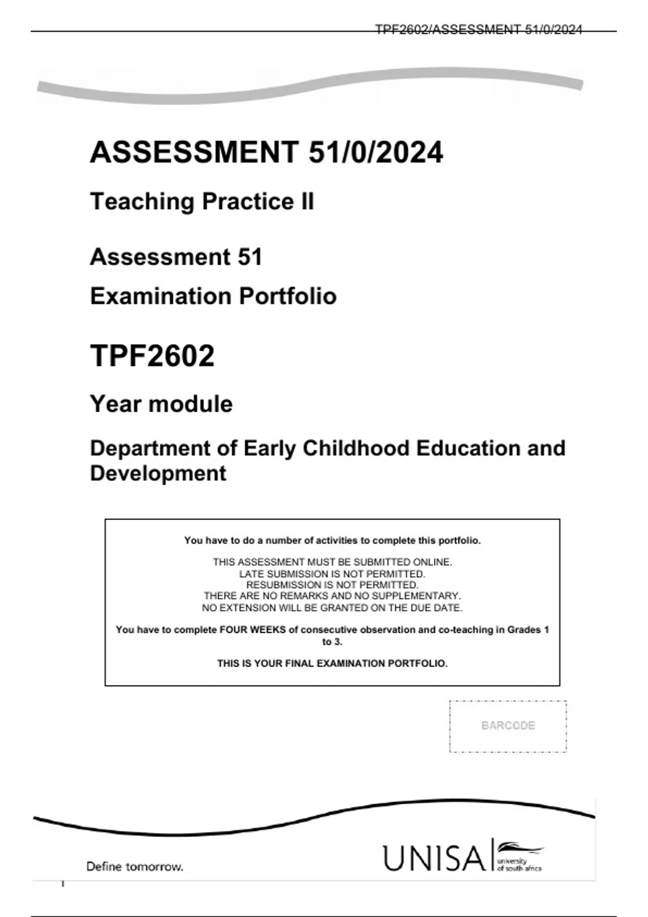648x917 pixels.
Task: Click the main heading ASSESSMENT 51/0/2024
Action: pyautogui.click(x=266, y=152)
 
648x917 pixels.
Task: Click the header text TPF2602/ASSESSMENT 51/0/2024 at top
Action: pyautogui.click(x=478, y=30)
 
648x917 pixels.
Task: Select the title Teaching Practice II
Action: pyautogui.click(x=201, y=202)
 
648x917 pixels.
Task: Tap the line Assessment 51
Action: pyautogui.click(x=176, y=257)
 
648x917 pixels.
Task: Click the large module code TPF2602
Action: pyautogui.click(x=152, y=355)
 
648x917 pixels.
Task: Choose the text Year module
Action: pyautogui.click(x=161, y=404)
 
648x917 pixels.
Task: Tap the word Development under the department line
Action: pyautogui.click(x=158, y=474)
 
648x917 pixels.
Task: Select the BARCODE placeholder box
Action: pyautogui.click(x=508, y=726)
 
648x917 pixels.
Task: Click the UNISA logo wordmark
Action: pyautogui.click(x=434, y=858)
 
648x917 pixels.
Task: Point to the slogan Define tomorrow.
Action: pyautogui.click(x=134, y=867)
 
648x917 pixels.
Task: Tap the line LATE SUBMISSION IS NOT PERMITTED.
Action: pyautogui.click(x=332, y=574)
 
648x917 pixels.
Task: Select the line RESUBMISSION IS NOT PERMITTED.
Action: pyautogui.click(x=332, y=585)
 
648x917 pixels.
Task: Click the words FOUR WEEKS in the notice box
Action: pyautogui.click(x=252, y=629)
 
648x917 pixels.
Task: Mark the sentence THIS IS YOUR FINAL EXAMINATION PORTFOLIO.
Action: pyautogui.click(x=332, y=663)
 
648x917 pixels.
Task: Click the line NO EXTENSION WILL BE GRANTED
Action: pyautogui.click(x=332, y=608)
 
